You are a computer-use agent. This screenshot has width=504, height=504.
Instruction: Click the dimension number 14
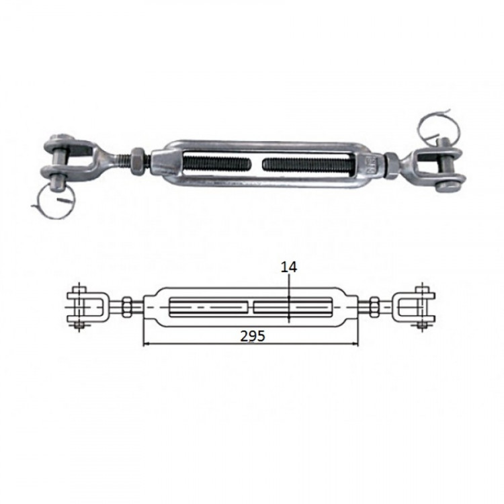coord(289,267)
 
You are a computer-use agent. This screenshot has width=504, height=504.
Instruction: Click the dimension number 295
coord(253,336)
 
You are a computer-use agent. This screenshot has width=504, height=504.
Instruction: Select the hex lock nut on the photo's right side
coord(391,165)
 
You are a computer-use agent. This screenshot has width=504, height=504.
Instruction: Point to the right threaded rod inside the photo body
coord(309,165)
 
